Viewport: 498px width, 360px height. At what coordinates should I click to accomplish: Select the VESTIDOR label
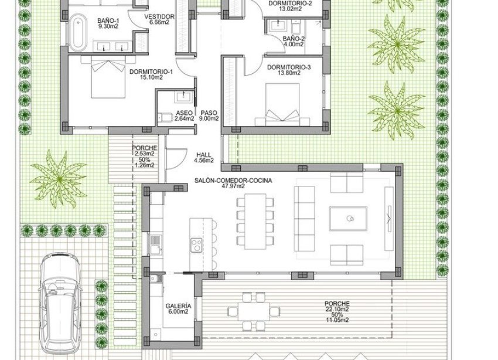point(159,16)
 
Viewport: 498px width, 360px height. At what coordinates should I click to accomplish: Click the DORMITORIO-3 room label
point(288,67)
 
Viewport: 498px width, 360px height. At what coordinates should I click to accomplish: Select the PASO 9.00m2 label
point(209,115)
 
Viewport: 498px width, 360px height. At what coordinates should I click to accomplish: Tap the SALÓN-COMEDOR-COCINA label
point(233,181)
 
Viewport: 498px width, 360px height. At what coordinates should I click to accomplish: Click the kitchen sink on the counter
point(155,243)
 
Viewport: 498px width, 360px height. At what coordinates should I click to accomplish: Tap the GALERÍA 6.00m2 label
point(178,309)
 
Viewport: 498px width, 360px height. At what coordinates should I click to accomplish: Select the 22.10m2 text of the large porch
point(336,308)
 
